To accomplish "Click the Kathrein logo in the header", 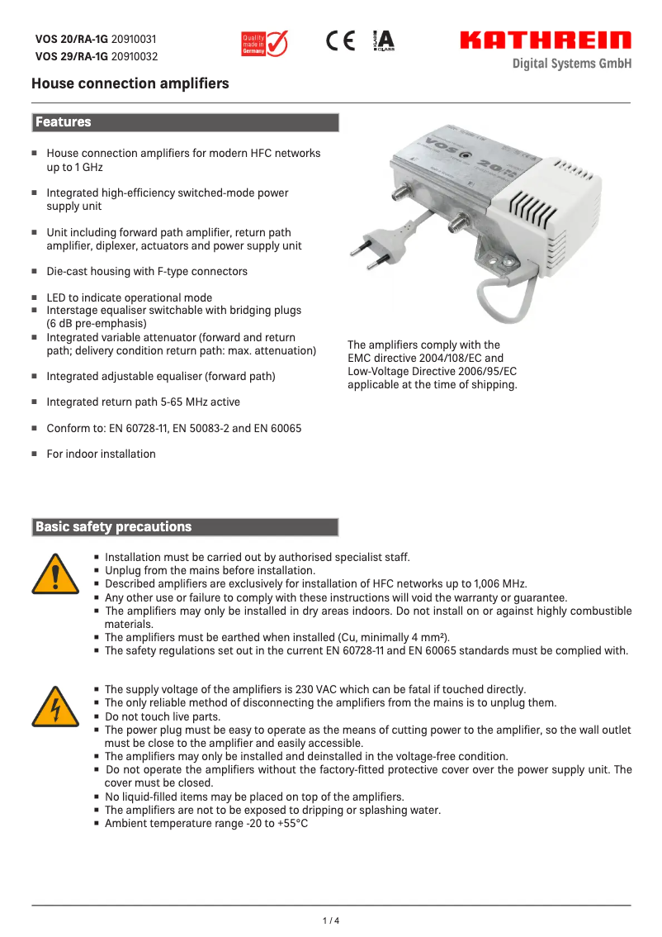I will tap(545, 40).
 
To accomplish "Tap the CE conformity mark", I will tap(340, 41).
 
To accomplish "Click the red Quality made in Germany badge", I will tap(263, 43).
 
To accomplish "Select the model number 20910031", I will tap(134, 40).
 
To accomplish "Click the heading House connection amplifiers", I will tap(130, 83).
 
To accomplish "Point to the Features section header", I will tap(64, 122).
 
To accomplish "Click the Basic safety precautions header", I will tap(113, 527).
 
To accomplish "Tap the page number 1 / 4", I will tap(330, 920).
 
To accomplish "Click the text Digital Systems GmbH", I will tap(571, 64).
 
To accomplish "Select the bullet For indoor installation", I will tap(101, 454).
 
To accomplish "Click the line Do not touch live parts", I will tap(163, 716).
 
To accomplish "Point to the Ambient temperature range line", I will tap(206, 824).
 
